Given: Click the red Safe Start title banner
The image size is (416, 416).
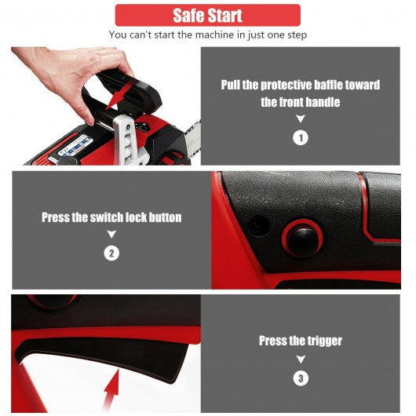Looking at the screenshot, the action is pos(208,15).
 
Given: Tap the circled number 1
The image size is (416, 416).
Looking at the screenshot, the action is pos(301,138).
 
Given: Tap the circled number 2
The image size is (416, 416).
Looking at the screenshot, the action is pos(111,254).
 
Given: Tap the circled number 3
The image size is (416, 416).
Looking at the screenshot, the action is pos(301,378).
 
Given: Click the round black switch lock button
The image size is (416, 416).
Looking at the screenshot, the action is pos(302,237).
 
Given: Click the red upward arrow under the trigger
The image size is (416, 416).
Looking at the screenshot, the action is pos(111,391).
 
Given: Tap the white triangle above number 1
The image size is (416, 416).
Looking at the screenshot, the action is pos(301,119).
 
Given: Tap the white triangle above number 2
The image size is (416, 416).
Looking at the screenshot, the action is pos(111,234).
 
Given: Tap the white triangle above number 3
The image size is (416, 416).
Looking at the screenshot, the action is pos(301,359).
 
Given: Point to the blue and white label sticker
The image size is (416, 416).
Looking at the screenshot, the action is pos(75,146).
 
